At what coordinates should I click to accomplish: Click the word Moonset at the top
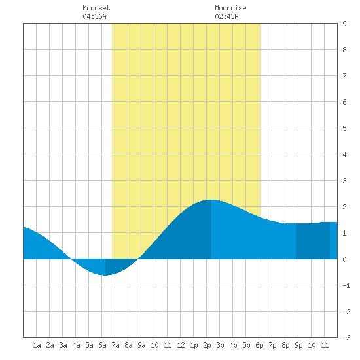(96, 8)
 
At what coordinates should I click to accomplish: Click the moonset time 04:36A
(95, 16)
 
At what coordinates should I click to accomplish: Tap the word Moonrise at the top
(230, 8)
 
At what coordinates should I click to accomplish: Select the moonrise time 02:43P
(227, 16)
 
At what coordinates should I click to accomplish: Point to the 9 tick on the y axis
(344, 24)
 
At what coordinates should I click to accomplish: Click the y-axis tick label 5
(344, 128)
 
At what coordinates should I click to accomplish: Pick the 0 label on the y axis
(344, 259)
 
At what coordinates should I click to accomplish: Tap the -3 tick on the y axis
(346, 338)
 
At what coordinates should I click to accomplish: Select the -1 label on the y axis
(346, 285)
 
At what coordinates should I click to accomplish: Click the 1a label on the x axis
(37, 345)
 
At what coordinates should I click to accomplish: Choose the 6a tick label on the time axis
(102, 345)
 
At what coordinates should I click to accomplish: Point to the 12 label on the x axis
(181, 345)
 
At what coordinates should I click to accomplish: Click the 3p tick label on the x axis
(220, 345)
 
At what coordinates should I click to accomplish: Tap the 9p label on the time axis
(298, 345)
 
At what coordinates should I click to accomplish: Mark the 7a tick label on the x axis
(115, 345)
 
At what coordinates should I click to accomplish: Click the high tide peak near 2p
(211, 200)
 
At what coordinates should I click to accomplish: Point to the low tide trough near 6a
(105, 275)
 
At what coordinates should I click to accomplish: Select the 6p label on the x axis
(259, 345)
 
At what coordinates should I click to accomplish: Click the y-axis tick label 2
(344, 207)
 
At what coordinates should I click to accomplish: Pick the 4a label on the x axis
(76, 345)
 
